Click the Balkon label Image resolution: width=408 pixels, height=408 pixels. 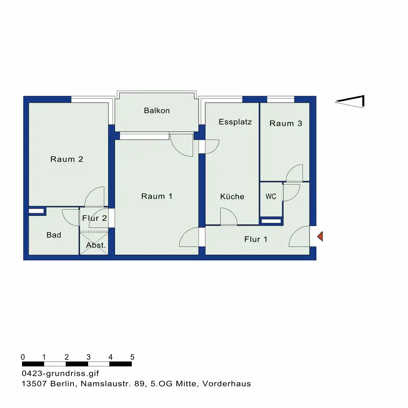click(157, 111)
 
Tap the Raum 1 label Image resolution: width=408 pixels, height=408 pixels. click(157, 196)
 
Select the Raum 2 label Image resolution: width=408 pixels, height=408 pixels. click(67, 159)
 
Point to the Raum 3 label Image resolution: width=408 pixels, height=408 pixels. click(286, 123)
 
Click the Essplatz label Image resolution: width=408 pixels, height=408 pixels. click(235, 122)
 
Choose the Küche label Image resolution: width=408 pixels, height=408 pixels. click(232, 196)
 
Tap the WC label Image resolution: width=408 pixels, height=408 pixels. click(271, 196)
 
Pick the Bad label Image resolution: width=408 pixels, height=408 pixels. click(54, 235)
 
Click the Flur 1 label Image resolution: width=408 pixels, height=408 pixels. click(256, 239)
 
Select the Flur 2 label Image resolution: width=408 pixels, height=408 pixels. click(95, 218)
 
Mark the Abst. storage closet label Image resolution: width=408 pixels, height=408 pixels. click(96, 245)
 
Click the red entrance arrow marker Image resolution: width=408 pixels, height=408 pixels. click(320, 236)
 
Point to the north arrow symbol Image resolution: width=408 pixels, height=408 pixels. click(350, 101)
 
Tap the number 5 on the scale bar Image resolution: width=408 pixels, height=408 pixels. click(132, 357)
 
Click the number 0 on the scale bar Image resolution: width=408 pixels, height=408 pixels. click(23, 357)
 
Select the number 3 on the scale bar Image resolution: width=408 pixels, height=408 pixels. click(89, 357)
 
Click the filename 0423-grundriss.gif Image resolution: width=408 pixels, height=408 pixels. click(60, 373)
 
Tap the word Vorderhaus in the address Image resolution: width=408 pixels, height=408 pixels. click(226, 384)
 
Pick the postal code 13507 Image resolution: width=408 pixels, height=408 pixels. click(34, 384)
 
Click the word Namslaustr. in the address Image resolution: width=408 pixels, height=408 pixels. click(106, 384)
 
